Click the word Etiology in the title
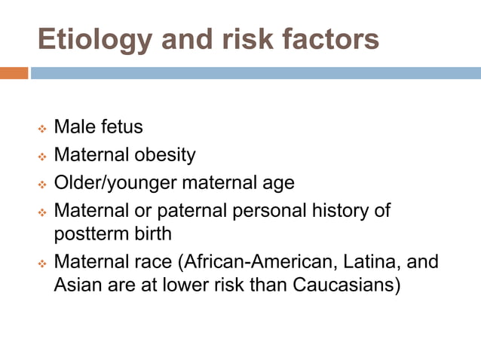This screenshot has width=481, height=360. coord(89,39)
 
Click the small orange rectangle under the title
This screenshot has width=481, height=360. coord(14,73)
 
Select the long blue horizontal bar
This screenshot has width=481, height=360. coord(256,73)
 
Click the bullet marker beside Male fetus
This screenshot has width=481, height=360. coord(42,129)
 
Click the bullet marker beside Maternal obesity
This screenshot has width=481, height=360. coord(42,157)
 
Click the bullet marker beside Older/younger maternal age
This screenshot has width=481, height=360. coord(42,185)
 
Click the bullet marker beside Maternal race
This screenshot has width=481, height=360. coord(42,266)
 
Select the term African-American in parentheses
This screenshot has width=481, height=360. coord(252,264)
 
